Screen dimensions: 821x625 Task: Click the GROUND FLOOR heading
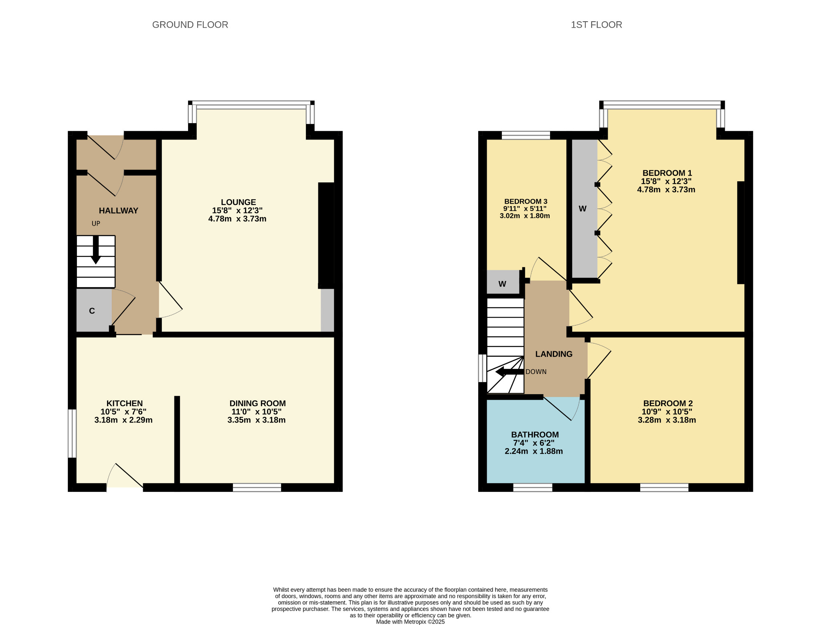pyautogui.click(x=190, y=25)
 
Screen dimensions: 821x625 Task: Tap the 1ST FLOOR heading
pyautogui.click(x=597, y=25)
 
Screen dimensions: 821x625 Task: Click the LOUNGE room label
pyautogui.click(x=239, y=202)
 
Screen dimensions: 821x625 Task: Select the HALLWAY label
pyautogui.click(x=119, y=211)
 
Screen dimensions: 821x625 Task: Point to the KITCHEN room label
pyautogui.click(x=125, y=404)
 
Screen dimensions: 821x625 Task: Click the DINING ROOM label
pyautogui.click(x=258, y=404)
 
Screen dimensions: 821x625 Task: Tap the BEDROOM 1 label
pyautogui.click(x=667, y=173)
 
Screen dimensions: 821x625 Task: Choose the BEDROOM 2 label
pyautogui.click(x=668, y=404)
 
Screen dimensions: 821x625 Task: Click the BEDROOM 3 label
pyautogui.click(x=526, y=202)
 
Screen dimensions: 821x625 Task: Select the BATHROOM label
pyautogui.click(x=535, y=435)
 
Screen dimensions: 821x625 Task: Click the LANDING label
pyautogui.click(x=554, y=354)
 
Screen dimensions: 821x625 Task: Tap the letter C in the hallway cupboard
pyautogui.click(x=92, y=311)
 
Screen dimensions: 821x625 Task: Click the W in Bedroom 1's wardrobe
pyautogui.click(x=583, y=209)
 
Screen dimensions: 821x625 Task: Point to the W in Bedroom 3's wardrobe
pyautogui.click(x=502, y=284)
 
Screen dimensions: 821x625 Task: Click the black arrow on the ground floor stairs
pyautogui.click(x=96, y=250)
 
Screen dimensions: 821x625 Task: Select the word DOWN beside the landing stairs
pyautogui.click(x=536, y=372)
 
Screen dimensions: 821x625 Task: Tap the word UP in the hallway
pyautogui.click(x=96, y=224)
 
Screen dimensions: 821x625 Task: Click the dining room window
pyautogui.click(x=257, y=488)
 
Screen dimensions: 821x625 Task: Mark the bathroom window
pyautogui.click(x=533, y=488)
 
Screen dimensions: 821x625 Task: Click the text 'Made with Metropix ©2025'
pyautogui.click(x=410, y=622)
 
